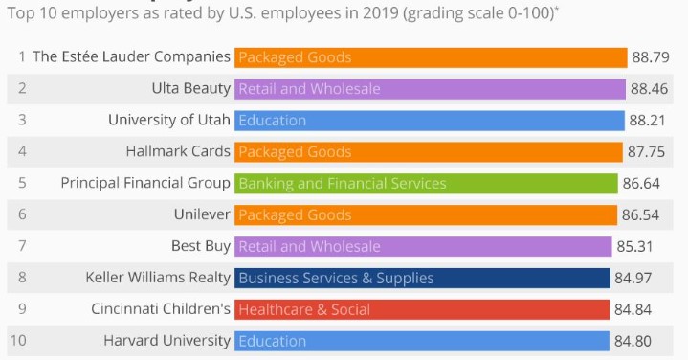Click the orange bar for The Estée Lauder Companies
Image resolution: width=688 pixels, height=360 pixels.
pos(431,57)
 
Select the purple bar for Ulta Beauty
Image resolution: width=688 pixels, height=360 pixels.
pos(430,89)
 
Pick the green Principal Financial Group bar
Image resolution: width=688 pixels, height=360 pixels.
pos(426,183)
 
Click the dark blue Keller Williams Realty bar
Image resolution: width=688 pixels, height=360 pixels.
pos(422,278)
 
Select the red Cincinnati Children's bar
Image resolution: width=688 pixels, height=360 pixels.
pos(422,309)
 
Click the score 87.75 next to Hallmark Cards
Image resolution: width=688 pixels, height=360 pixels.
pos(647,151)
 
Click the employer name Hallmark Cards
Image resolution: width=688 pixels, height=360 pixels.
pos(178,151)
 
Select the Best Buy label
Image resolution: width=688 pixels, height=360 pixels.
pos(201,246)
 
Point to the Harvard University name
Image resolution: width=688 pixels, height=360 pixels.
pos(166,341)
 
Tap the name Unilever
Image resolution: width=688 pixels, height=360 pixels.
pos(202,214)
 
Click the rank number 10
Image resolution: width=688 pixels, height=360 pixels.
pos(19,341)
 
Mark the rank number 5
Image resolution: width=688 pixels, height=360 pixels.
pos(21,183)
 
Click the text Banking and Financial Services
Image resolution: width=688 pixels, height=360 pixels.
pos(342,183)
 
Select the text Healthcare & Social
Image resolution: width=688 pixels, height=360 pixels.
pos(303,309)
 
